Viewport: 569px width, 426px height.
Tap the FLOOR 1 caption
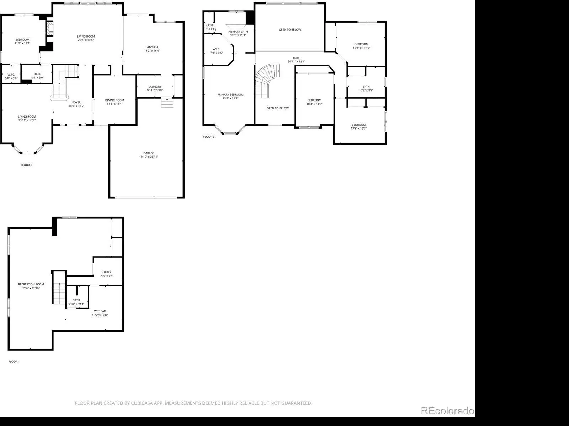coord(14,362)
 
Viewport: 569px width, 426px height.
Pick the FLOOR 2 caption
coord(26,165)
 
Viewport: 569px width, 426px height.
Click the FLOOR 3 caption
coord(209,137)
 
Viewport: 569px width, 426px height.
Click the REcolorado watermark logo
coord(447,411)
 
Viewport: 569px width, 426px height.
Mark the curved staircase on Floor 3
coord(265,78)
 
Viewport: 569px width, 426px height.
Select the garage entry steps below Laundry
coord(167,103)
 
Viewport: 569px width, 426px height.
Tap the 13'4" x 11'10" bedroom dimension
coord(362,48)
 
